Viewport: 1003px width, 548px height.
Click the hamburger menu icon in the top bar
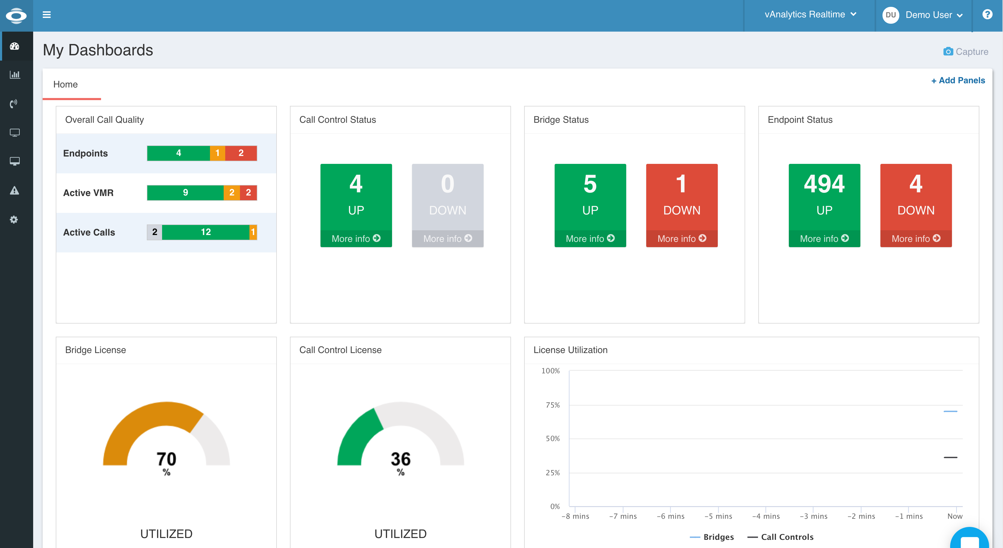[x=47, y=15]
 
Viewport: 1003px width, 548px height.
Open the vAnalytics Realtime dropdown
[x=810, y=14]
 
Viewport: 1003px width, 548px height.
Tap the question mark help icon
[x=987, y=14]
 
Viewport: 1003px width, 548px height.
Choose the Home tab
[x=66, y=84]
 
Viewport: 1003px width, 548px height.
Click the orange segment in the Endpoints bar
[x=217, y=153]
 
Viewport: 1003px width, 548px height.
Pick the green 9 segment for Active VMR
[x=185, y=193]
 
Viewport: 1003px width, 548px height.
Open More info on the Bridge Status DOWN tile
[x=681, y=238]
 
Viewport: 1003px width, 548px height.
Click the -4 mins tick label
[x=766, y=516]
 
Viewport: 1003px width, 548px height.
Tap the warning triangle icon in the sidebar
[x=14, y=190]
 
